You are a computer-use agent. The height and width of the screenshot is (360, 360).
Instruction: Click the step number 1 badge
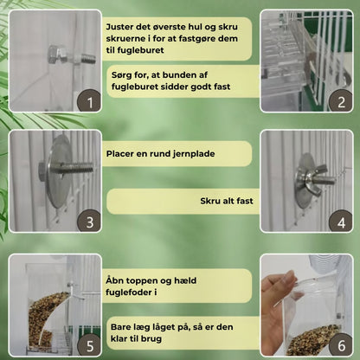click(90, 102)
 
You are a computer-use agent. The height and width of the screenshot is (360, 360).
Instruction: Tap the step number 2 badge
click(341, 101)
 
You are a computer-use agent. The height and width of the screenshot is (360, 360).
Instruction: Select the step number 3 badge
click(90, 222)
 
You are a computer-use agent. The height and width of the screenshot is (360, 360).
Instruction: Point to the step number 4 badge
click(341, 222)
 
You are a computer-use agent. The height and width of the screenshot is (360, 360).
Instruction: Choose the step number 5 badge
click(90, 345)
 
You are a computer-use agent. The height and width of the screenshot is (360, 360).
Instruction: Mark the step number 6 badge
click(341, 345)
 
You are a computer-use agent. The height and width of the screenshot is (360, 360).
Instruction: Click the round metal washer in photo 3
click(59, 171)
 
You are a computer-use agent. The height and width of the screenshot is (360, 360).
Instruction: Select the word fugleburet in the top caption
click(141, 50)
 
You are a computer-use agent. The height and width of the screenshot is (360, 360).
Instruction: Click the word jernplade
click(194, 154)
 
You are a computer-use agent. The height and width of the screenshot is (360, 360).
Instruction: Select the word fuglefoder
click(128, 292)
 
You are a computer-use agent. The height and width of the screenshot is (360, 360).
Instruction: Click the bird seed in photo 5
click(46, 320)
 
